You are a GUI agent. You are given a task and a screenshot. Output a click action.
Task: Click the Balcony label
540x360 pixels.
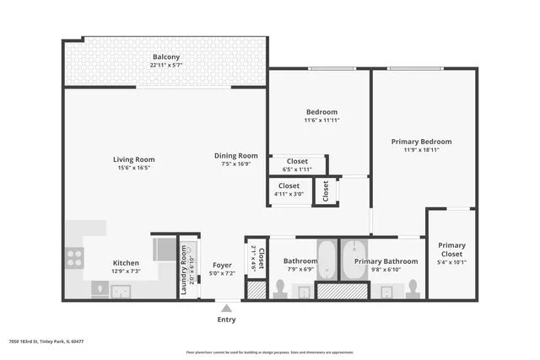click(x=165, y=56)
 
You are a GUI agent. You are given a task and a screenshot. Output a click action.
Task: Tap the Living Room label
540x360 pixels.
click(x=134, y=159)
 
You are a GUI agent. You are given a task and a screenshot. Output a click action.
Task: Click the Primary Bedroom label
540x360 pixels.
click(x=421, y=142)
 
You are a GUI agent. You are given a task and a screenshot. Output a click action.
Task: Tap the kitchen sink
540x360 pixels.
click(x=121, y=291)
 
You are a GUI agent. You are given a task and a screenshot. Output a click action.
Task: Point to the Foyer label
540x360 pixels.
click(x=222, y=265)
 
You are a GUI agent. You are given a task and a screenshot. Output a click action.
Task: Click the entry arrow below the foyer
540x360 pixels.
click(x=225, y=307)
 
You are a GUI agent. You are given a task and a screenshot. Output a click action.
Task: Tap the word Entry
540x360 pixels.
click(x=226, y=320)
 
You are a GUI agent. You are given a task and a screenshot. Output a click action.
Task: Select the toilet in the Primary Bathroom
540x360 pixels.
click(x=412, y=289)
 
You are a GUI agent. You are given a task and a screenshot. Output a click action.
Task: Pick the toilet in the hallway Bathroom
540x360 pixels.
click(x=279, y=289)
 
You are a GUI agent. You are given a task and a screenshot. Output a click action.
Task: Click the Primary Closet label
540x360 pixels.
click(x=451, y=250)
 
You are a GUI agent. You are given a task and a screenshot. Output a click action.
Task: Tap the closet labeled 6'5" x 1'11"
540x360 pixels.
click(x=297, y=164)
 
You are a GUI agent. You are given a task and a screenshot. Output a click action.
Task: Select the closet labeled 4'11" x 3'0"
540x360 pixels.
click(x=289, y=190)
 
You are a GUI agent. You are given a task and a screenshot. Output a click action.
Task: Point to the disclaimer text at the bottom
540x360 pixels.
click(x=270, y=352)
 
